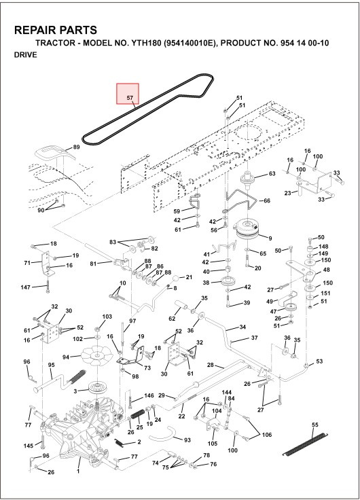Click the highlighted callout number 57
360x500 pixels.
[128, 98]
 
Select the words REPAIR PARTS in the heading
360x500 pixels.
[55, 31]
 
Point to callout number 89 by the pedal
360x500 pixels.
[77, 147]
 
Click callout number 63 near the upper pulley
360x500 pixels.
[272, 174]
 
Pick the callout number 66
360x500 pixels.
[266, 201]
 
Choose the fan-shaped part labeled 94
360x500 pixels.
[95, 355]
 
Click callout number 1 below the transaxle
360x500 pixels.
[78, 470]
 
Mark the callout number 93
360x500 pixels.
[187, 440]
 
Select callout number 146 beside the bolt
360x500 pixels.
[149, 396]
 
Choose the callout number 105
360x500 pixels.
[213, 443]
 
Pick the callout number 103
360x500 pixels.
[107, 317]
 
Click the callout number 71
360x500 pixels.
[27, 263]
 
